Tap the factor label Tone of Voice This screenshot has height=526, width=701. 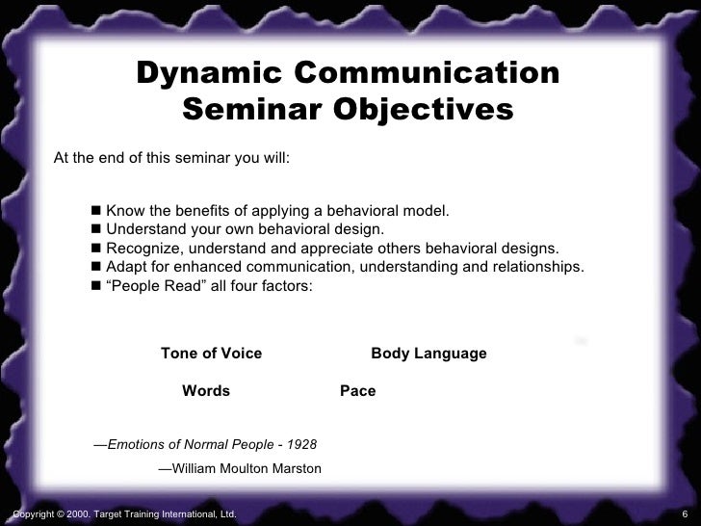pos(211,354)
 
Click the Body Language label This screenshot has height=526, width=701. pos(428,354)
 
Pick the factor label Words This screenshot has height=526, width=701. pos(206,392)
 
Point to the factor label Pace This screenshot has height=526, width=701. pos(357,392)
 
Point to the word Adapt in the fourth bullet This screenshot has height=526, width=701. pos(125,267)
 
